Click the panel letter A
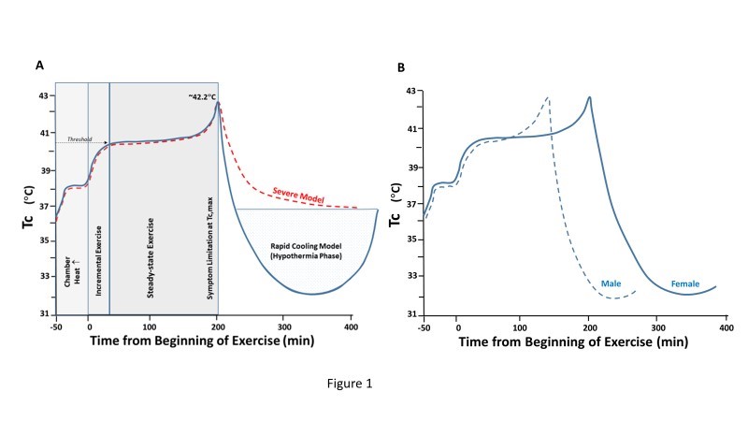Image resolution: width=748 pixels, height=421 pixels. tap(39, 65)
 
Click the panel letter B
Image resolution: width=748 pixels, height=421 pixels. tap(402, 67)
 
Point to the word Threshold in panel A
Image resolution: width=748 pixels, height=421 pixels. tap(80, 139)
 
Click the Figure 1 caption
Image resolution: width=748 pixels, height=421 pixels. tap(373, 382)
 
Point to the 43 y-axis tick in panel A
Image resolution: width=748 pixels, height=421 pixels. tap(44, 95)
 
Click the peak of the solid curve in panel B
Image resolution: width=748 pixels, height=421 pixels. tap(590, 97)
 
